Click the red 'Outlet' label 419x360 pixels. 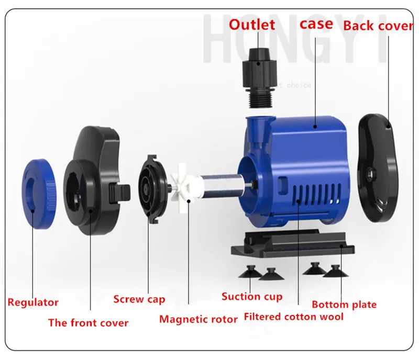pos(251,25)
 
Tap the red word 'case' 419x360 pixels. pos(316,24)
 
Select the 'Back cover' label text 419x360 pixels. pos(378,26)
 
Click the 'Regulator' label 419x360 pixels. pos(33,302)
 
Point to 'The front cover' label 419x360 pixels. pos(88,323)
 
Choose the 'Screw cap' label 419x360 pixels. pos(139,299)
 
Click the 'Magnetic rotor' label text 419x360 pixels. pos(199,319)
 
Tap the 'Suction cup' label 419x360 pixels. pos(252,297)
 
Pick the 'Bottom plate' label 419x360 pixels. pos(344,305)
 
